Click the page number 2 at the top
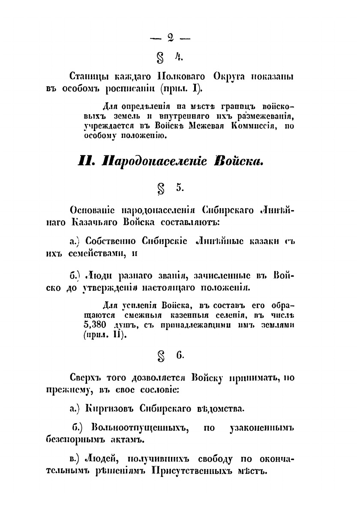pos(170,38)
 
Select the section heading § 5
pos(170,188)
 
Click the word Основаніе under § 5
pos(93,211)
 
